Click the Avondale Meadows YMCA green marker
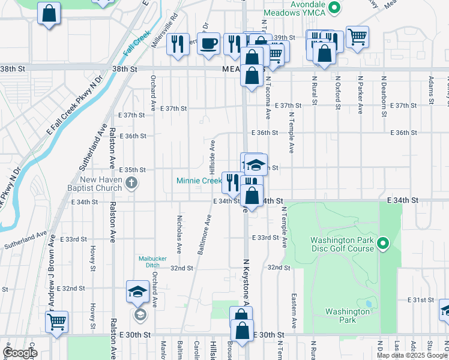tap(336, 8)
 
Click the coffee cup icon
tap(209, 44)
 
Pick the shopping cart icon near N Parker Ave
tap(357, 37)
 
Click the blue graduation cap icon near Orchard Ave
tap(137, 292)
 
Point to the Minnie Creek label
tap(199, 181)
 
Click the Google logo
tap(20, 352)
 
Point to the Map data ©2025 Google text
tap(412, 355)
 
